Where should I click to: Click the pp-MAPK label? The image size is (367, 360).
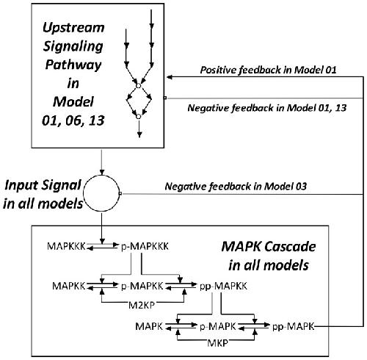tap(293, 326)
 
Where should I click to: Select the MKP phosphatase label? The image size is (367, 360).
tap(217, 343)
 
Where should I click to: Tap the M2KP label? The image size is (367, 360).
tap(142, 305)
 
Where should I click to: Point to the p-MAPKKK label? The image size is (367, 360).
tap(145, 246)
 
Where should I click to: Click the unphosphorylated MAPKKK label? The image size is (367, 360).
tap(66, 246)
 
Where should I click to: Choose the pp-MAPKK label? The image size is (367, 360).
tap(223, 286)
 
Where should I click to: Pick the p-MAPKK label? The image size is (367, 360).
tap(142, 286)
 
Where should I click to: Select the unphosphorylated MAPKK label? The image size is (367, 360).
tap(69, 286)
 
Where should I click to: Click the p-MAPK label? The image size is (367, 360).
tap(218, 326)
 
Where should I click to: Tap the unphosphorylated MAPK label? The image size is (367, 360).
tap(149, 326)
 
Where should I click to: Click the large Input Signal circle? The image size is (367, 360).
tap(83, 193)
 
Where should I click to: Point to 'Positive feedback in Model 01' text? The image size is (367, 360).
tap(268, 70)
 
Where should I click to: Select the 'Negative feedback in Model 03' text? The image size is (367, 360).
tap(236, 187)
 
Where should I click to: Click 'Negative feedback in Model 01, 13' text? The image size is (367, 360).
tap(267, 108)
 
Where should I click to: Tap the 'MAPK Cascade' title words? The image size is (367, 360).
tap(269, 247)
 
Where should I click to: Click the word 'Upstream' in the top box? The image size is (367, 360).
tap(73, 28)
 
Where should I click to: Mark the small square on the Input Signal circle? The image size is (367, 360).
tap(120, 193)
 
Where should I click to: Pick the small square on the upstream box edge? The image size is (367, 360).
tap(165, 98)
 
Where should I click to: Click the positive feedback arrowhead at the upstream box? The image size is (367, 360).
tap(170, 77)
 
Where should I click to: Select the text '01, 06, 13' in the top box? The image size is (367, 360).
tap(73, 120)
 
